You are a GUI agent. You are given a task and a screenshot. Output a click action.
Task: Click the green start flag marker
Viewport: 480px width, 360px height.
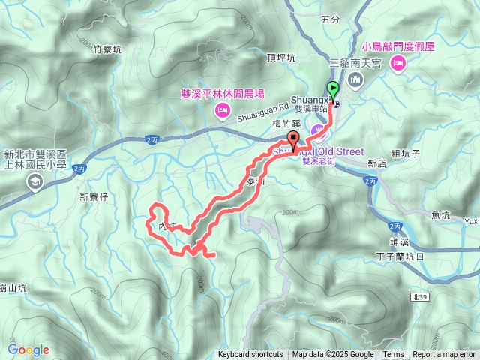click(x=332, y=88)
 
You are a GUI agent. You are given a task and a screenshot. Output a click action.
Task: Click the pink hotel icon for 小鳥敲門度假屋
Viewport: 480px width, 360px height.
click(x=397, y=63)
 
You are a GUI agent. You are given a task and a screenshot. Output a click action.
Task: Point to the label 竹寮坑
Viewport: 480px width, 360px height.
click(x=107, y=51)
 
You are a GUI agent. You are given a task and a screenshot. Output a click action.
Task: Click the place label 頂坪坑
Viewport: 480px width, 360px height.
click(x=281, y=57)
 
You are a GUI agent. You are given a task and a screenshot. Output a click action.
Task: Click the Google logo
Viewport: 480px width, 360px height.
click(x=28, y=349)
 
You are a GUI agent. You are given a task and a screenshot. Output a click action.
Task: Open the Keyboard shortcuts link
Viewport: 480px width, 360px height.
click(x=250, y=355)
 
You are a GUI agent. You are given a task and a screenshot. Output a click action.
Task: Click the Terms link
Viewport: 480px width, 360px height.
click(x=393, y=355)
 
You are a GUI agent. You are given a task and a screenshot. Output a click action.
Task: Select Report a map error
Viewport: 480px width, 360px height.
click(x=444, y=355)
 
